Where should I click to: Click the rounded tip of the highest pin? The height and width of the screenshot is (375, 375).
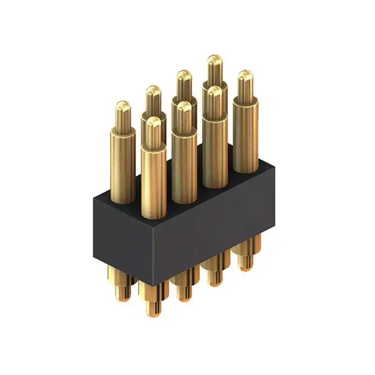215,60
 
